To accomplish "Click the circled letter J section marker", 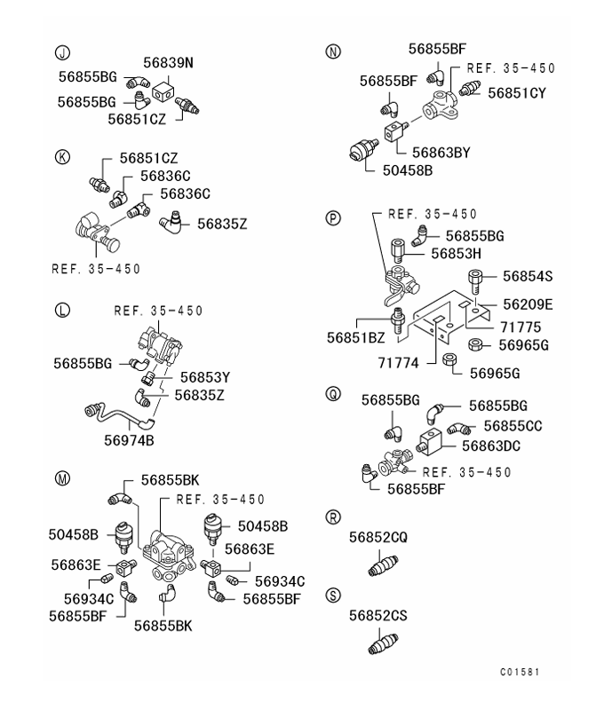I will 62,52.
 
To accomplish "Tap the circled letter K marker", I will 62,157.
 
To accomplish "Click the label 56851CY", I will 514,91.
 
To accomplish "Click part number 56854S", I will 528,276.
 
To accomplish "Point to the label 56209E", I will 528,304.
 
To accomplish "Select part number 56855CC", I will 514,425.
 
